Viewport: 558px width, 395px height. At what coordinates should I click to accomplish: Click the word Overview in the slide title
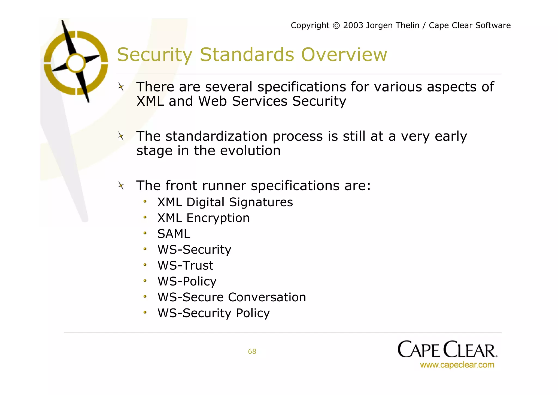[344, 55]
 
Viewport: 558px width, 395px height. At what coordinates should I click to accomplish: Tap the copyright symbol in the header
[336, 25]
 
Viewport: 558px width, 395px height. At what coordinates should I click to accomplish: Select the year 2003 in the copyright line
[353, 25]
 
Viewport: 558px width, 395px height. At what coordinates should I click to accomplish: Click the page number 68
[252, 351]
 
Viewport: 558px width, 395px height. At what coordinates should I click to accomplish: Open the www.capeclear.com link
[457, 365]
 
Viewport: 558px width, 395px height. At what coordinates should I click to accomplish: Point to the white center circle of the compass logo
[76, 63]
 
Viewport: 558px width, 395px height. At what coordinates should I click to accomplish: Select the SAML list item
[174, 234]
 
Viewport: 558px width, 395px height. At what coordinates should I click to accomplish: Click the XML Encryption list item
[203, 218]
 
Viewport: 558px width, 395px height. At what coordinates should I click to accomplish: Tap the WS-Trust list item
[185, 266]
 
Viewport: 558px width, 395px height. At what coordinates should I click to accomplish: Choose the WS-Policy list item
[187, 281]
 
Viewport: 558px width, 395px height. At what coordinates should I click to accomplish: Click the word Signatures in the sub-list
[261, 202]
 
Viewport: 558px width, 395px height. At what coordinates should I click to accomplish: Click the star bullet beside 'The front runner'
[121, 186]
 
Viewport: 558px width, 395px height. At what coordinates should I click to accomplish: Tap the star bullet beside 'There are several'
[121, 87]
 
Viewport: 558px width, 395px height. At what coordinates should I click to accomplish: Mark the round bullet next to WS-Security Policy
[145, 312]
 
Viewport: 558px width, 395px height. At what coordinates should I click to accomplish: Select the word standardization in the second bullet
[216, 136]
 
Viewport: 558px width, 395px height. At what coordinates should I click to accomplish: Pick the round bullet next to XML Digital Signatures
[145, 201]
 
